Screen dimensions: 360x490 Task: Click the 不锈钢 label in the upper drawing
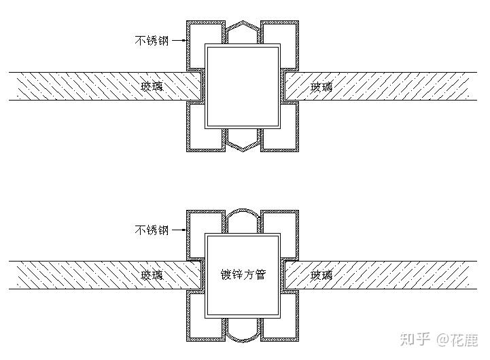[x=152, y=40]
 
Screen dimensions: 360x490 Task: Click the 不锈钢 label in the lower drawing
[x=152, y=230]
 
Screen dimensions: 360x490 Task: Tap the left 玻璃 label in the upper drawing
[x=152, y=86]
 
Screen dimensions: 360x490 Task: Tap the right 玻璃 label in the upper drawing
[x=321, y=86]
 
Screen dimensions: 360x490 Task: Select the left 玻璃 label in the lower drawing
[x=152, y=275]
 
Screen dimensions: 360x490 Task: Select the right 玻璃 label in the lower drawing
[x=321, y=275]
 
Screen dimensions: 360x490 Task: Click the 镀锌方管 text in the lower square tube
[x=243, y=275]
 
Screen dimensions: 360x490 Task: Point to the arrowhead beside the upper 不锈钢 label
[x=183, y=41]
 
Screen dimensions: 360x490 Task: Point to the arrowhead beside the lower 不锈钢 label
[x=183, y=230]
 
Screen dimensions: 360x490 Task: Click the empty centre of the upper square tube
[x=243, y=86]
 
